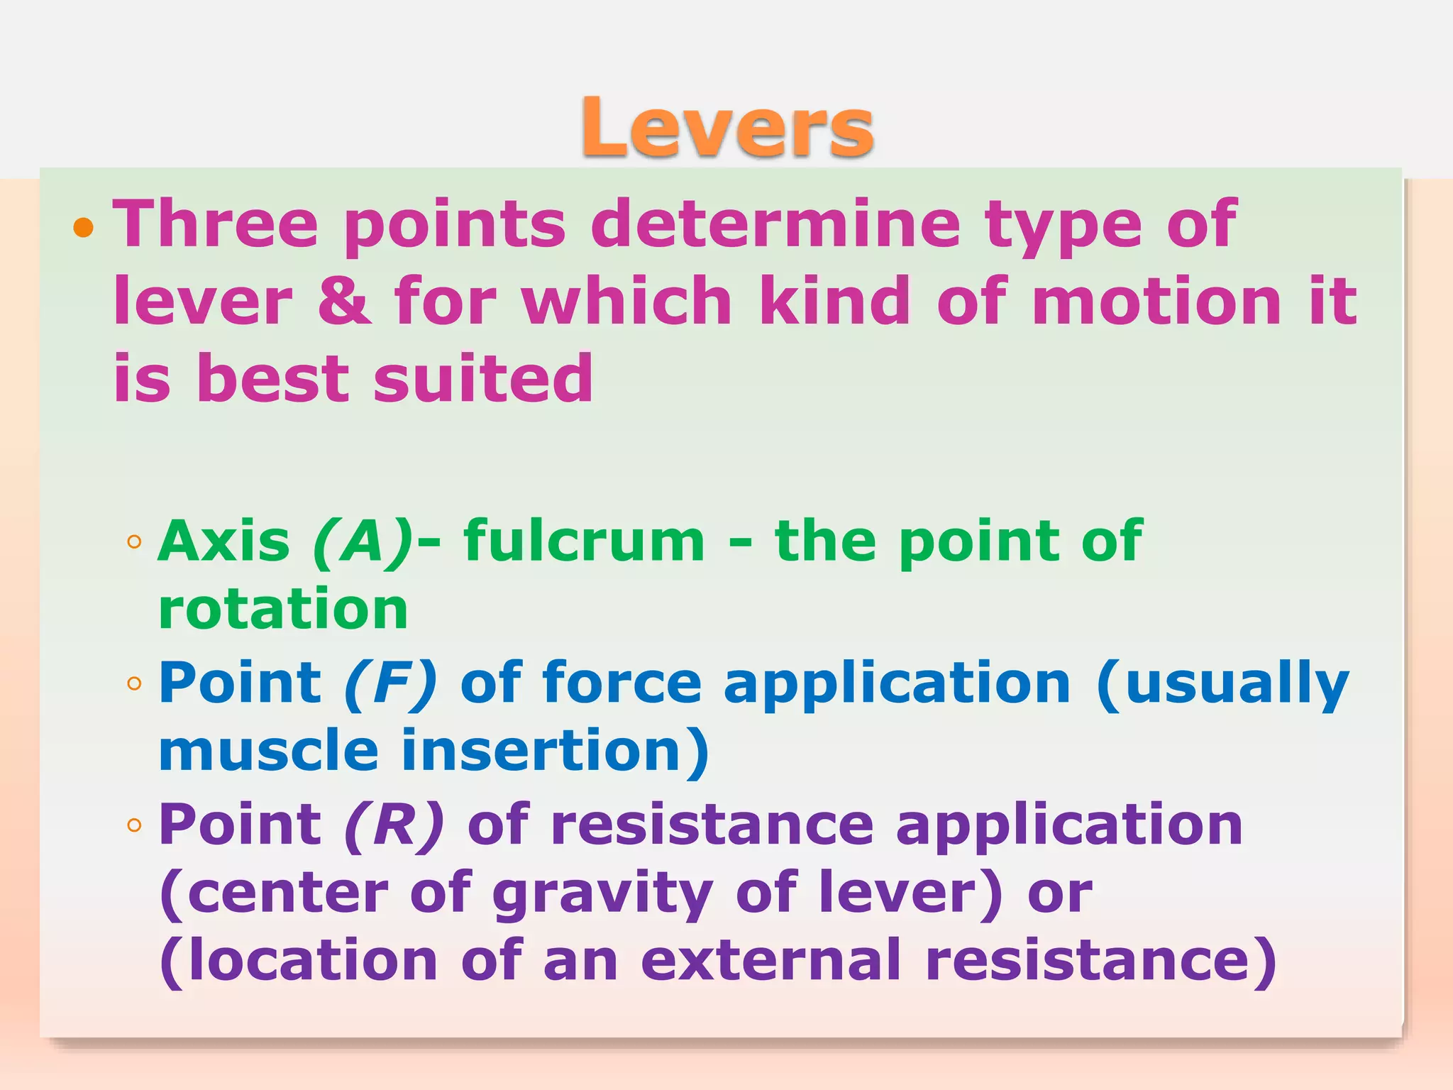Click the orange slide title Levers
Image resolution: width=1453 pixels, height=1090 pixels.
[727, 127]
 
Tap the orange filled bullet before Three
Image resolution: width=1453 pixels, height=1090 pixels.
[84, 227]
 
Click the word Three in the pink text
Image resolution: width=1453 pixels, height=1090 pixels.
[216, 224]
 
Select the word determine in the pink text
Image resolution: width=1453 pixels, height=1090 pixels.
[775, 224]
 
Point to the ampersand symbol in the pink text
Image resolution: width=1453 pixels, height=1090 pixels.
[343, 300]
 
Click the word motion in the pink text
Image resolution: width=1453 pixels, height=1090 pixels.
[1156, 300]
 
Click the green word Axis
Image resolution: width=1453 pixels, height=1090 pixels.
[224, 541]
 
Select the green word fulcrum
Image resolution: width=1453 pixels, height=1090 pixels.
[584, 541]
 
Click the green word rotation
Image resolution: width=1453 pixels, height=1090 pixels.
[283, 609]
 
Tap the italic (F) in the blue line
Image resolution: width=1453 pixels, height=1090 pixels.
[391, 683]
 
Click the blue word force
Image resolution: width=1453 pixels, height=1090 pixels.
[622, 682]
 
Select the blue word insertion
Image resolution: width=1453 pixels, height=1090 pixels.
[556, 751]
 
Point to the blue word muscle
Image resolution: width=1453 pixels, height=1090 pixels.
[269, 751]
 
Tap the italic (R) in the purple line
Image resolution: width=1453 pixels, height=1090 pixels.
[394, 825]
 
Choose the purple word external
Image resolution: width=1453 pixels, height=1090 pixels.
[771, 961]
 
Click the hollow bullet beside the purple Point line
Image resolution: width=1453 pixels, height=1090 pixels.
[134, 825]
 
